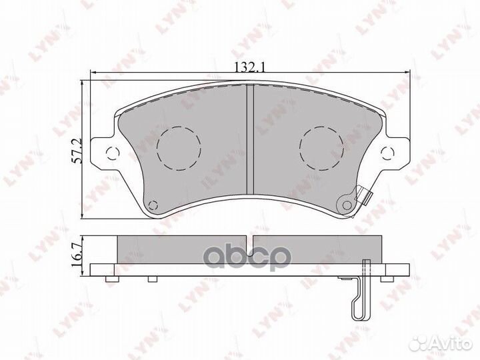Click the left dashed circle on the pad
point(178,146)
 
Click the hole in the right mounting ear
point(385,155)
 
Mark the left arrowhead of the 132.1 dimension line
point(93,73)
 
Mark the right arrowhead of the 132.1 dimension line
point(405,73)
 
